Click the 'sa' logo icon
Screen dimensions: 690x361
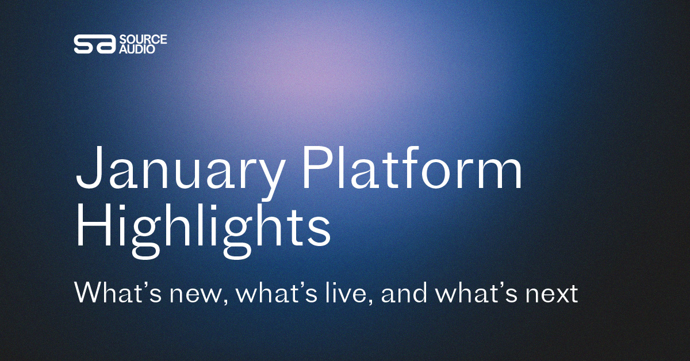94,44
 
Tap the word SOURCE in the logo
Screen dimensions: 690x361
143,40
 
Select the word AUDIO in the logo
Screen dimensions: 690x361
137,49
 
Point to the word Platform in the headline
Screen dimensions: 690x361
412,167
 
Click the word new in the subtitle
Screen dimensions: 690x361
195,294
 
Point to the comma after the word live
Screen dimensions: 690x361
369,301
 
